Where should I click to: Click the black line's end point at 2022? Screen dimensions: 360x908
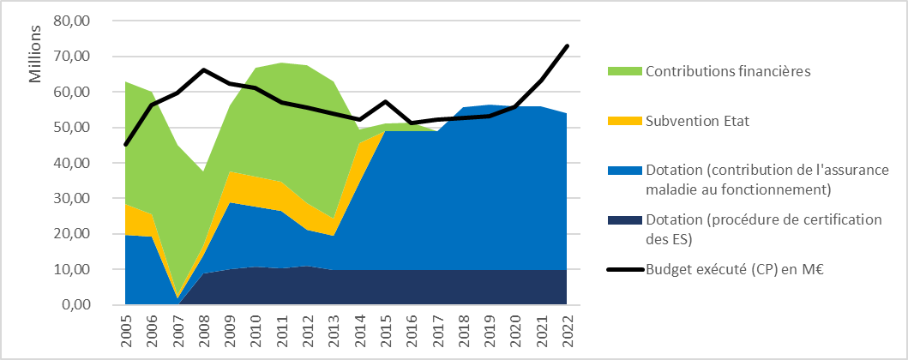coord(568,45)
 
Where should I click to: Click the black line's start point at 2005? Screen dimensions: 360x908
coord(125,144)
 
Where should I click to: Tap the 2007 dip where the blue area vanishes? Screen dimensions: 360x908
coord(177,298)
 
